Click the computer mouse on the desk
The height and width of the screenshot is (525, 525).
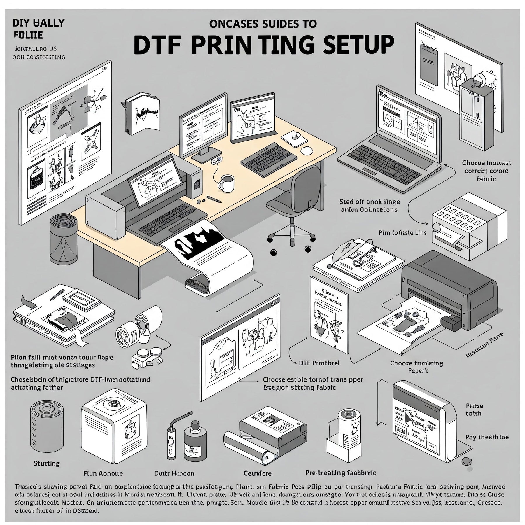pyautogui.click(x=306, y=151)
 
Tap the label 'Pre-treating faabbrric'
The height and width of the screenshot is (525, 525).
pyautogui.click(x=340, y=473)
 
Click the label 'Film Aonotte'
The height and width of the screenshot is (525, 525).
pyautogui.click(x=103, y=473)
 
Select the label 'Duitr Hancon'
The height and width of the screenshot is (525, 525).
pyautogui.click(x=174, y=473)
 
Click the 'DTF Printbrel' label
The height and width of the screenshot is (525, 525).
pyautogui.click(x=319, y=363)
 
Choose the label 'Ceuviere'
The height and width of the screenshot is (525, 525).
pyautogui.click(x=257, y=473)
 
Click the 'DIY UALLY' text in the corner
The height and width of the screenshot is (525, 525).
pyautogui.click(x=38, y=23)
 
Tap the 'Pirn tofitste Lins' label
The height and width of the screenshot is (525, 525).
pyautogui.click(x=402, y=233)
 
